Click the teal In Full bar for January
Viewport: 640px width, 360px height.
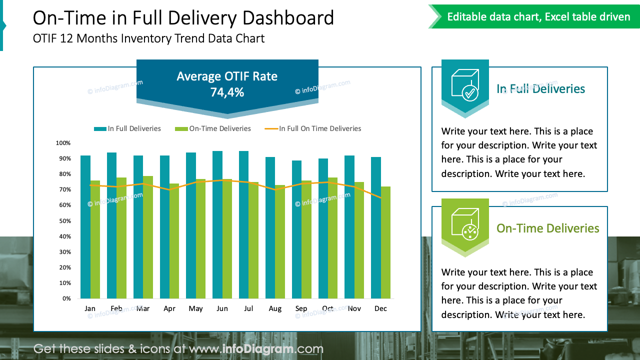tap(85, 227)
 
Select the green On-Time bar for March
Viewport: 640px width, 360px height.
tap(148, 237)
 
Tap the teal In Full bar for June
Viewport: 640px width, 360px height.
tap(217, 225)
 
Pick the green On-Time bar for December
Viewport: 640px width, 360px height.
tap(385, 242)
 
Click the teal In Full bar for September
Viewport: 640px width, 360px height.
tap(296, 229)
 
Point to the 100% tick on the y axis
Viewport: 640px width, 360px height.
tap(63, 143)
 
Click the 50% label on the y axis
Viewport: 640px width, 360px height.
tap(63, 221)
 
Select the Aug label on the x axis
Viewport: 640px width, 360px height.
tap(275, 308)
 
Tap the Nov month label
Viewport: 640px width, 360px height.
tap(354, 308)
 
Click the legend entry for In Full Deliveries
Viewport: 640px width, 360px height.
tap(127, 128)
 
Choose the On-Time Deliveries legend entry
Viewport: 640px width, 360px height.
tap(213, 128)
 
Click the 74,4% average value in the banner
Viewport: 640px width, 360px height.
tap(227, 92)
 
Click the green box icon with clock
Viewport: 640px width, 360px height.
tap(465, 222)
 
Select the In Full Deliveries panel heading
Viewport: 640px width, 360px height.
tap(540, 89)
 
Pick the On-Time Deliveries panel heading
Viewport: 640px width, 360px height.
tap(547, 228)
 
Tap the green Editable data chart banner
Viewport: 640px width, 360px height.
tap(538, 17)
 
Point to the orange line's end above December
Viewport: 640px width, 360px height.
tap(381, 197)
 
